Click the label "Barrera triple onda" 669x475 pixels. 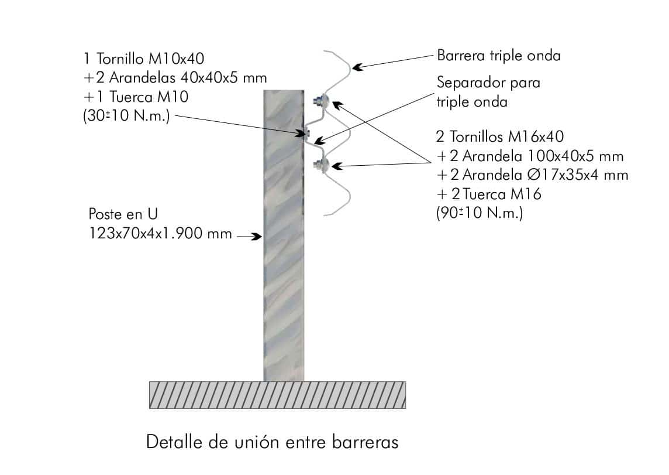(498, 56)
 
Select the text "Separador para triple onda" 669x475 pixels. (488, 92)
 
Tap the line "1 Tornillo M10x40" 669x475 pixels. (144, 59)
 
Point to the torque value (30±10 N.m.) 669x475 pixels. (126, 116)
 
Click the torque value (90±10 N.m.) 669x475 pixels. (480, 213)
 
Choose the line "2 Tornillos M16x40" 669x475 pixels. (500, 136)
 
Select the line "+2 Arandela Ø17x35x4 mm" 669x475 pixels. (533, 175)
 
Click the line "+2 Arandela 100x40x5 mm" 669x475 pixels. (530, 156)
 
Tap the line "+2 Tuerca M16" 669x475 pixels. (489, 194)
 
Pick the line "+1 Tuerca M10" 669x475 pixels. (136, 97)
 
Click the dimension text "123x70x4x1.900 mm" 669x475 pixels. (160, 234)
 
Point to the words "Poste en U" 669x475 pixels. (123, 214)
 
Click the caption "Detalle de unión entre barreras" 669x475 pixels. (272, 442)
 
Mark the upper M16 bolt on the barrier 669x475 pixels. (320, 101)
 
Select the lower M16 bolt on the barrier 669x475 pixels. (320, 163)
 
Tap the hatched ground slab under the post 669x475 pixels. (277, 395)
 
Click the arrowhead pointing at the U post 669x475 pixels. (257, 236)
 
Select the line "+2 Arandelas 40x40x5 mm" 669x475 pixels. (175, 78)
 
